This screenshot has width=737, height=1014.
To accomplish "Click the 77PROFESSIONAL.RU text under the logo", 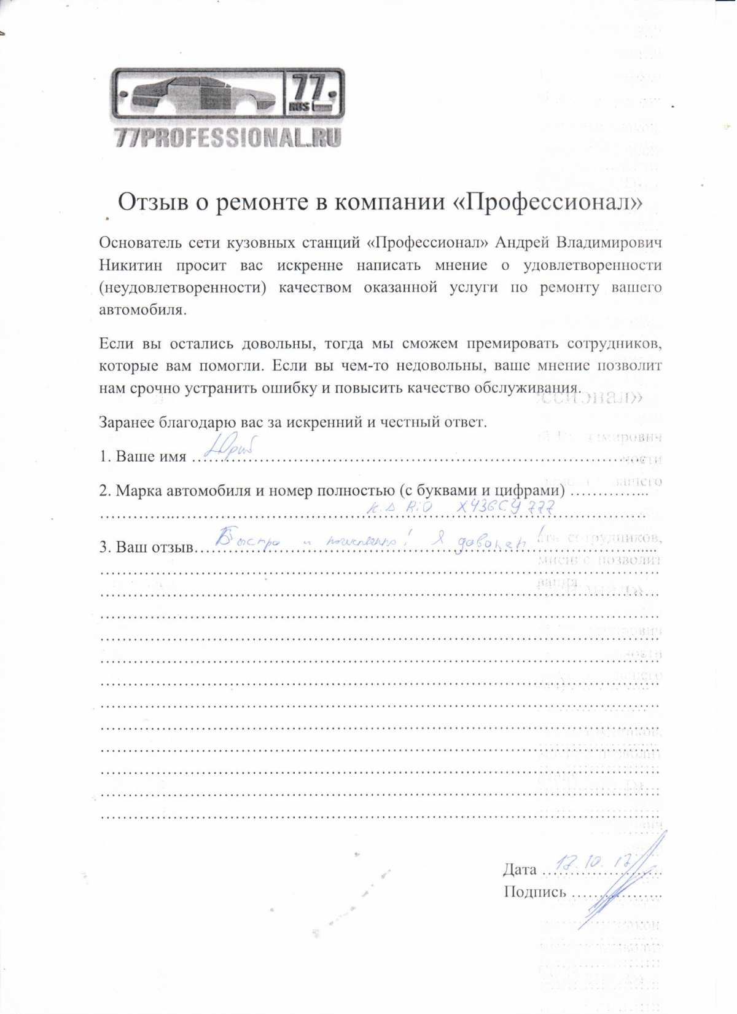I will (228, 138).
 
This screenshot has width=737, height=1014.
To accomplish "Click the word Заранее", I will (127, 422).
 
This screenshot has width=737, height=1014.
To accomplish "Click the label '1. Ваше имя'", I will (142, 457).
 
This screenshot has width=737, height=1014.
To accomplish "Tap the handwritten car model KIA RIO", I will (399, 508).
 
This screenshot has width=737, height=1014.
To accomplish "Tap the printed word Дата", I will (520, 870).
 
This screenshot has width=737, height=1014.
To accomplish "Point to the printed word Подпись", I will (534, 892).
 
